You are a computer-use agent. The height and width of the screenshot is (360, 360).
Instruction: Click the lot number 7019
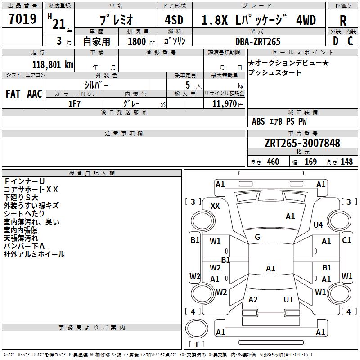coord(23,19)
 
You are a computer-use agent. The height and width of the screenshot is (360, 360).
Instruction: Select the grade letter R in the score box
coord(343,21)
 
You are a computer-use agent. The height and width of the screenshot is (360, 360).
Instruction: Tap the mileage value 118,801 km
coord(53,64)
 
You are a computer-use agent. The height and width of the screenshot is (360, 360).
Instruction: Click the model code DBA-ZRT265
coord(258,41)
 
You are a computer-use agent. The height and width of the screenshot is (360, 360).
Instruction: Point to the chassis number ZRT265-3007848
coord(302,143)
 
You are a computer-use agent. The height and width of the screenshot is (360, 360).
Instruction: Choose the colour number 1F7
coord(74,104)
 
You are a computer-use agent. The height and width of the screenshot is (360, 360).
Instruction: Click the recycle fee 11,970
coord(224,104)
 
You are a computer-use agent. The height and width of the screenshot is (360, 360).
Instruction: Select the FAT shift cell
coord(13,94)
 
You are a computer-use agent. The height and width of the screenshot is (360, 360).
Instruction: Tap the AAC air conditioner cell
coord(35,94)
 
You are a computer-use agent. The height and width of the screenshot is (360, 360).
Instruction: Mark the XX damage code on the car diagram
coord(215,206)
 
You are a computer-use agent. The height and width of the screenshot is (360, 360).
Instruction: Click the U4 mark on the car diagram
coord(318,225)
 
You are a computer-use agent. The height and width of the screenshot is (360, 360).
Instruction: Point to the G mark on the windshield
coord(257,237)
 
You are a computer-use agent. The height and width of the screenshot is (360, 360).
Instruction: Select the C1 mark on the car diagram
coord(346,240)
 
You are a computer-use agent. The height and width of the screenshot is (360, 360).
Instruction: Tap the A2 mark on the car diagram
coord(253,300)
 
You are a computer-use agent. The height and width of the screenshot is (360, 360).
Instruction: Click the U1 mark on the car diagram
coord(288,300)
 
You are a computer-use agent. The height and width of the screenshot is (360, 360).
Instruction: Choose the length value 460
coord(273,162)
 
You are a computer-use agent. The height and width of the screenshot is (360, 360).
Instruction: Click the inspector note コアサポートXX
coord(31,189)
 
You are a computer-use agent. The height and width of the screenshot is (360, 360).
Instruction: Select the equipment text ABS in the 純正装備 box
coord(258,121)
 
